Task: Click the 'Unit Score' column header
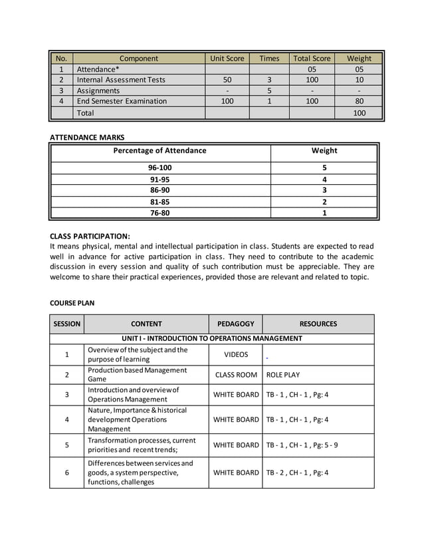(x=227, y=58)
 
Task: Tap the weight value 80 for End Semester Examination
(x=359, y=102)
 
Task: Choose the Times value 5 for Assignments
(x=269, y=91)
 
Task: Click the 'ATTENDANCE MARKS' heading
(x=87, y=138)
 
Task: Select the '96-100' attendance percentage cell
(x=160, y=168)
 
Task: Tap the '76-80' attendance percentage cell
(x=160, y=213)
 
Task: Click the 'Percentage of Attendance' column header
(x=160, y=151)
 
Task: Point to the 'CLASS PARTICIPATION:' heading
(x=90, y=236)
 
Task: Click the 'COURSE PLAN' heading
(x=72, y=303)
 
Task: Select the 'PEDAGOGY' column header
(x=235, y=324)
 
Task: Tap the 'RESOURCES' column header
(x=318, y=324)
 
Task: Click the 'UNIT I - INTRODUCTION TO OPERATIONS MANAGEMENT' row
(x=211, y=339)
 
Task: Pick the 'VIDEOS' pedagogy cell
(x=235, y=355)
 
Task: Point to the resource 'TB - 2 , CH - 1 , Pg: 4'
(x=297, y=473)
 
